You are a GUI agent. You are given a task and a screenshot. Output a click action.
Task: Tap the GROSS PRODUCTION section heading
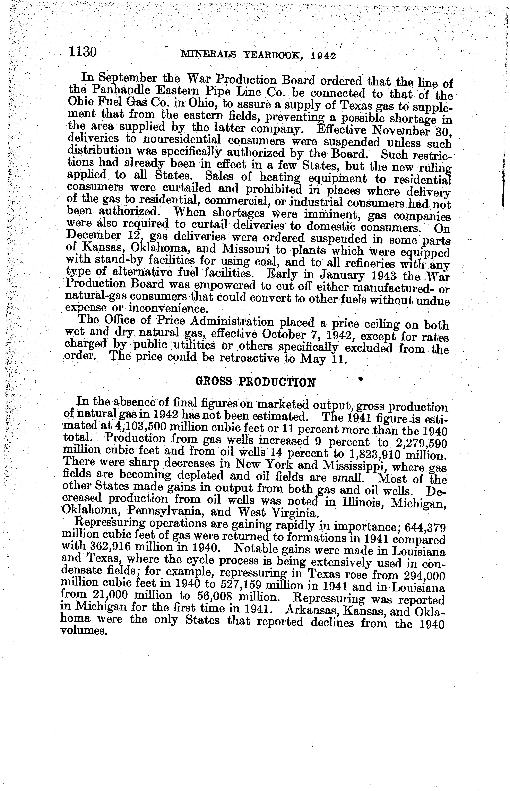255,382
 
